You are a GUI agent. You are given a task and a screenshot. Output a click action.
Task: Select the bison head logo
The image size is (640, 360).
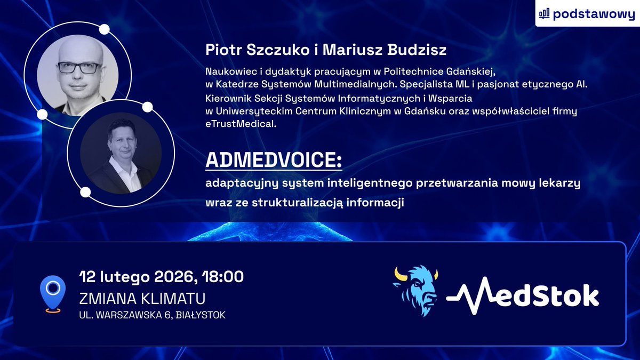point(415,291)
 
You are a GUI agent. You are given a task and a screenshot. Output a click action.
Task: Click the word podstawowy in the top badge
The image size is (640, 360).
point(594,14)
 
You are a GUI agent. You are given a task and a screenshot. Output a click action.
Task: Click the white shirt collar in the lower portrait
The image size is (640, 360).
point(129,170)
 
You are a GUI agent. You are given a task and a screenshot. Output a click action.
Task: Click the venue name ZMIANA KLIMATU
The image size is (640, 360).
point(142,298)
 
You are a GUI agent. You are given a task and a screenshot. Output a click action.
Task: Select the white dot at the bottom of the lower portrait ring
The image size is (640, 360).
point(85,191)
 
